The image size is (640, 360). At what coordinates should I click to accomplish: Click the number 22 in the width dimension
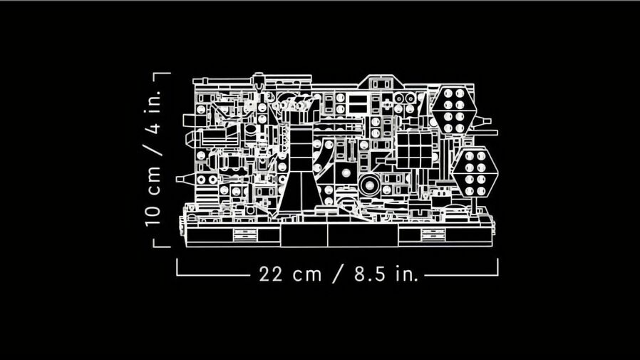point(270,274)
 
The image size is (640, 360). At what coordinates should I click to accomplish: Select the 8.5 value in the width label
point(370,274)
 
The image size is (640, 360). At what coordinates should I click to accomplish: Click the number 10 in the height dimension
point(153,215)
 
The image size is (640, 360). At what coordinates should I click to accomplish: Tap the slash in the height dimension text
point(154,148)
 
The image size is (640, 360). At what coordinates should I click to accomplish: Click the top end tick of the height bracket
point(162,73)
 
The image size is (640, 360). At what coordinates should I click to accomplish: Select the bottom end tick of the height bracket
point(162,246)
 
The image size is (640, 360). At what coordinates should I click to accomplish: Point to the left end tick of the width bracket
point(177,267)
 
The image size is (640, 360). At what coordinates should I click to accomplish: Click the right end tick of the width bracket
point(497,267)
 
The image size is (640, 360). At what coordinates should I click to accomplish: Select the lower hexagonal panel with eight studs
point(475,173)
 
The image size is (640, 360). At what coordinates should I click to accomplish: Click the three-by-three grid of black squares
point(415,150)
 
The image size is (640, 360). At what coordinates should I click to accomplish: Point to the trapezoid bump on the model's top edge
point(381,81)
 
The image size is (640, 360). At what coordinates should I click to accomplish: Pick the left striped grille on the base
point(245,235)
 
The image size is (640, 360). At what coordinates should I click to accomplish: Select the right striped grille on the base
point(433,235)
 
